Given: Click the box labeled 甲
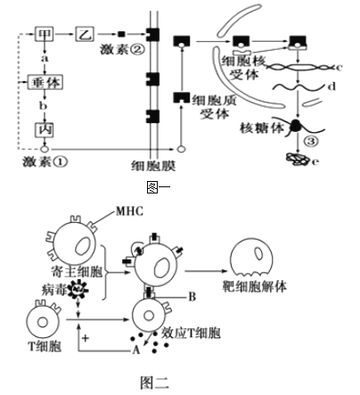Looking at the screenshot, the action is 45,34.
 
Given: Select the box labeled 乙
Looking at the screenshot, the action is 85,34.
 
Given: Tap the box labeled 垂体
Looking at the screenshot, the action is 45,82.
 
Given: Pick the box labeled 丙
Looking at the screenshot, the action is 45,130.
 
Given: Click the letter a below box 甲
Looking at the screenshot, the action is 45,58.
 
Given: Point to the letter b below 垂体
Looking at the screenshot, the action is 44,105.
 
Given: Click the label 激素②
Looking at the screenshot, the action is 122,49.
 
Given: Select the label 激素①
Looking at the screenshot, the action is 45,161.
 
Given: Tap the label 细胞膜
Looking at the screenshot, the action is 153,166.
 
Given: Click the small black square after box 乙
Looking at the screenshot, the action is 121,34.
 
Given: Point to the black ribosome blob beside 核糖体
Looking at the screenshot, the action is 296,126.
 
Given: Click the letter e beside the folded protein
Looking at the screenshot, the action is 315,161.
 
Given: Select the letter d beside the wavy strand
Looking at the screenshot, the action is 332,86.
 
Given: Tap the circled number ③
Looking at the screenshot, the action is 311,141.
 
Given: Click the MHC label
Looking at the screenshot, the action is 129,211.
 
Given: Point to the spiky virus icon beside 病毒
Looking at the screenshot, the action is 78,289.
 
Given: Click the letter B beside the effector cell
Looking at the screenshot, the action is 192,297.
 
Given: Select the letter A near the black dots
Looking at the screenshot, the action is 136,350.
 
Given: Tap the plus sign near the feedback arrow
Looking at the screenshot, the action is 86,338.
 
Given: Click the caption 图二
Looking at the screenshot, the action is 155,383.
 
